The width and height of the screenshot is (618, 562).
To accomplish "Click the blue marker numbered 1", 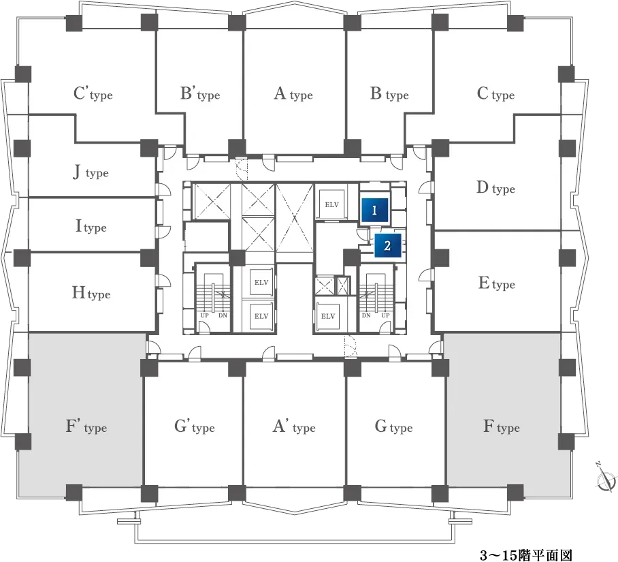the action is point(375,210).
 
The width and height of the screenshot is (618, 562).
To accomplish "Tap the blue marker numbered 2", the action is point(387,245).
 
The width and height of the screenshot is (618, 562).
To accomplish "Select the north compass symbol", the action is point(605,478).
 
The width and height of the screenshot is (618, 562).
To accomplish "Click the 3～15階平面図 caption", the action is point(525,555).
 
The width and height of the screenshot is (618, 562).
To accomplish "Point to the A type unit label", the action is point(293,94).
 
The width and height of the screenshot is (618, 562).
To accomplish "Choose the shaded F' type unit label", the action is point(86,426).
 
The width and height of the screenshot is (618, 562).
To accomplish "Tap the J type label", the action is point(91,172).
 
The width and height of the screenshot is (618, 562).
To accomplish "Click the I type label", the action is point(91,226).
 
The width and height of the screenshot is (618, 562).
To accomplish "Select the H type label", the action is point(91,293).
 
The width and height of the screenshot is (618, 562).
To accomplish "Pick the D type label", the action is point(495,188).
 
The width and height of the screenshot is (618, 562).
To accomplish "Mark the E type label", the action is point(497,283).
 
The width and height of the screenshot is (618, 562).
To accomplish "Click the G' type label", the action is point(194,426).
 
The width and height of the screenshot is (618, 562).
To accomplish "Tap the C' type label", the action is point(93,94).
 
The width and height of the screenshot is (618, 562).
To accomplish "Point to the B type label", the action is point(389,94).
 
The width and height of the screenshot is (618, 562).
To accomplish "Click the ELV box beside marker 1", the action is point(332,204).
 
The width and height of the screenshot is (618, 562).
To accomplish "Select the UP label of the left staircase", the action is point(205,315).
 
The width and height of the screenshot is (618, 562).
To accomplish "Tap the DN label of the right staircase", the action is point(366,315).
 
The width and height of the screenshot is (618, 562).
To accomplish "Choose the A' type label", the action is point(294,426).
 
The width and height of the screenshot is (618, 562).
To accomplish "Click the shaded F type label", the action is point(502,426).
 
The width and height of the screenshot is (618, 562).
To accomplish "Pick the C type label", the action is point(495,94).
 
